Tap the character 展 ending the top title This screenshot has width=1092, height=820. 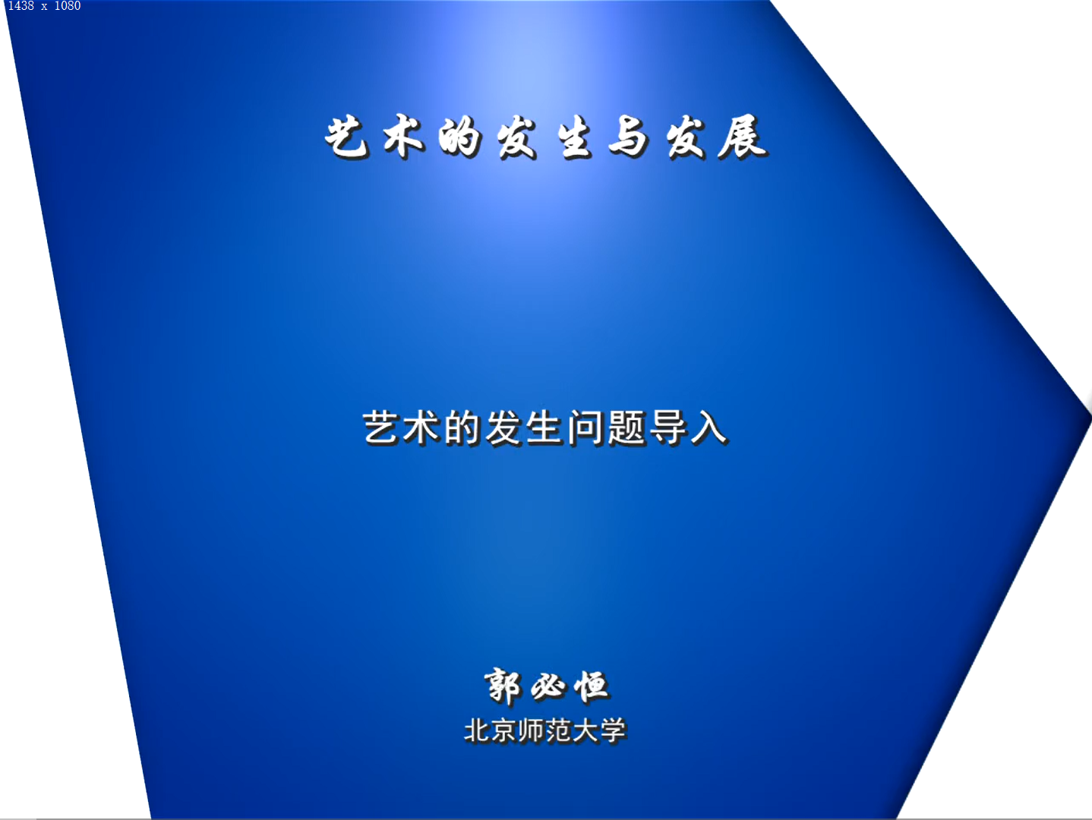pos(742,137)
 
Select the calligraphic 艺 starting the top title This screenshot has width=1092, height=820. pos(347,137)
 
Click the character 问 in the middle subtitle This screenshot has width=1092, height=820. pos(586,428)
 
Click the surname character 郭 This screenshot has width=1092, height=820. pos(503,687)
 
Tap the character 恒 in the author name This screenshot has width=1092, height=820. pos(591,687)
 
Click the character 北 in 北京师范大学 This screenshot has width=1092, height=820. pos(478,731)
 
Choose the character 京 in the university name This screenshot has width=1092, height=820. pos(504,731)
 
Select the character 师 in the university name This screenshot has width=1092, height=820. pos(532,731)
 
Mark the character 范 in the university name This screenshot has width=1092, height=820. pos(558,731)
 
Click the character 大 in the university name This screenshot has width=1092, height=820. pos(585,731)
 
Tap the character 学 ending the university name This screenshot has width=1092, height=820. pos(612,731)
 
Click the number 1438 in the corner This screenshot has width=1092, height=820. pos(21,6)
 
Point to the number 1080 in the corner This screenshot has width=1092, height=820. pos(68,6)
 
